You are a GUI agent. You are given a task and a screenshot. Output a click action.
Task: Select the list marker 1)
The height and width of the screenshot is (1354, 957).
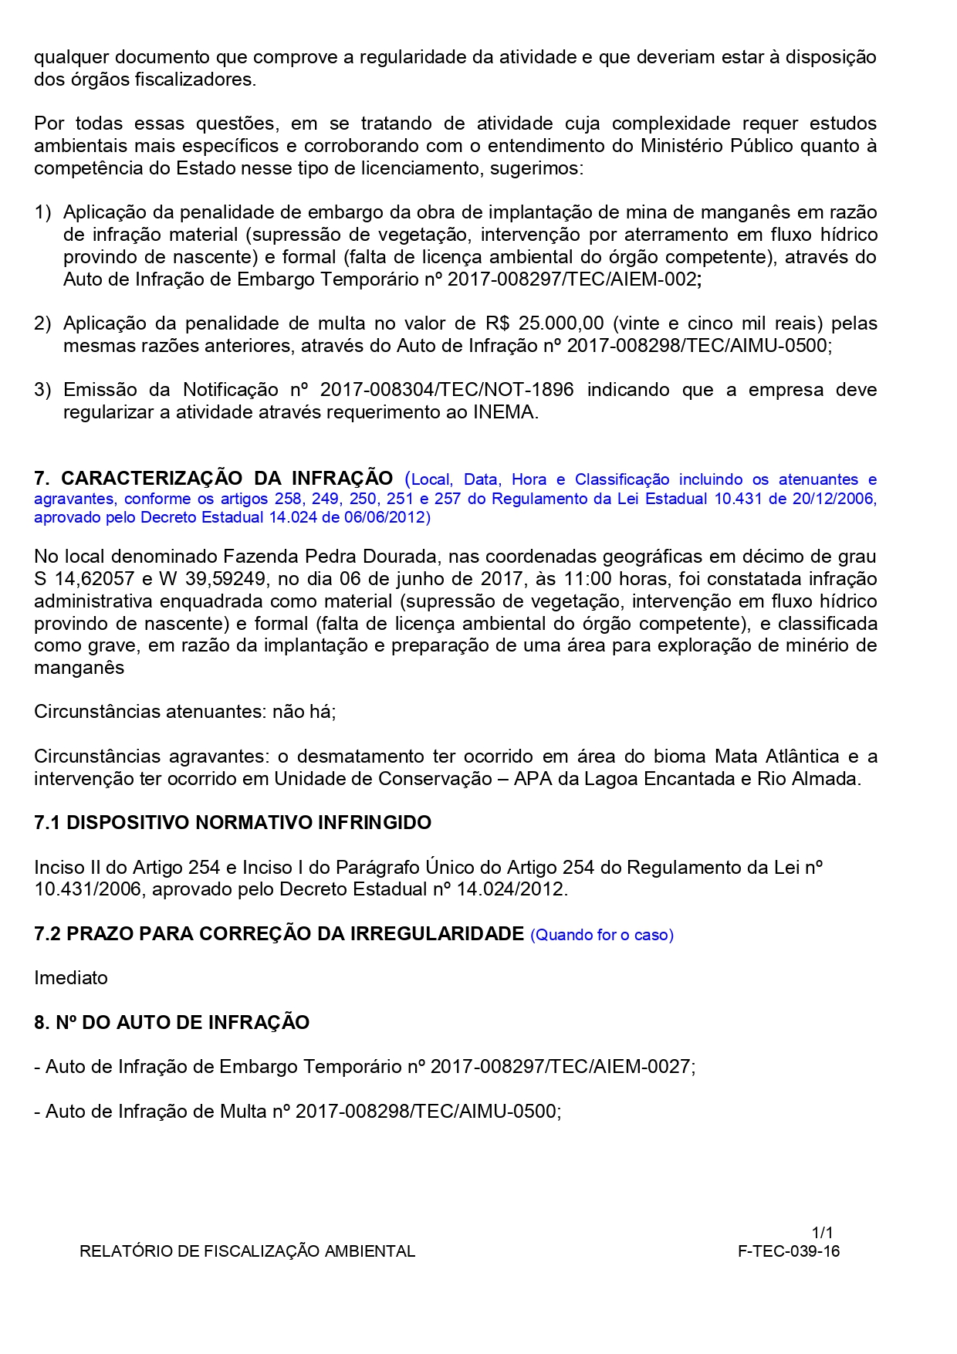tap(42, 212)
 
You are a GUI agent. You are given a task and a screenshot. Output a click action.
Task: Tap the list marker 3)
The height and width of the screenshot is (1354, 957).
tap(42, 390)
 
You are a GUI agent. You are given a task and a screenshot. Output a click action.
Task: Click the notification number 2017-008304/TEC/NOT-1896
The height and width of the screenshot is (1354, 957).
tap(447, 390)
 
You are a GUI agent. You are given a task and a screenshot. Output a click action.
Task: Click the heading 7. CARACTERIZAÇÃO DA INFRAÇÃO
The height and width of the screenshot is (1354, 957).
tap(214, 479)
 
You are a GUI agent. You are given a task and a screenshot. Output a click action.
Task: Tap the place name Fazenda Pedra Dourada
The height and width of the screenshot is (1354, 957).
tap(320, 557)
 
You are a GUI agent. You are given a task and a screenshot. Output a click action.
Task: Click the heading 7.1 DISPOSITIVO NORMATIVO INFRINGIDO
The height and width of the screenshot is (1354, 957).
tap(232, 823)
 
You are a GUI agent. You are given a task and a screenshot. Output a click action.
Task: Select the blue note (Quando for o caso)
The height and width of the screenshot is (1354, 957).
tap(602, 935)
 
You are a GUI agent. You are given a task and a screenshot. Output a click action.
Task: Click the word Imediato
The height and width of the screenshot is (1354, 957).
tap(71, 978)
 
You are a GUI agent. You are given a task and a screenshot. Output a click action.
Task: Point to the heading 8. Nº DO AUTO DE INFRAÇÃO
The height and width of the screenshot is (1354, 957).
tap(171, 1023)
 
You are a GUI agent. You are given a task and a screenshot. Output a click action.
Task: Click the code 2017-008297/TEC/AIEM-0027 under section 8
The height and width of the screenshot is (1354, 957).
tap(560, 1067)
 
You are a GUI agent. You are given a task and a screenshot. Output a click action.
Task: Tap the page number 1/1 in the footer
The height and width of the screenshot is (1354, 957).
tap(822, 1233)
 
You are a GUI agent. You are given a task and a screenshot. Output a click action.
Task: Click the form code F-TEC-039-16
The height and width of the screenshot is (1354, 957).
tap(789, 1251)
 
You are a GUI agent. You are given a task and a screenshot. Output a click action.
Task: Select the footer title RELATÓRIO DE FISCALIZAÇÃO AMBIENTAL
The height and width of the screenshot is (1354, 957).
tap(247, 1251)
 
